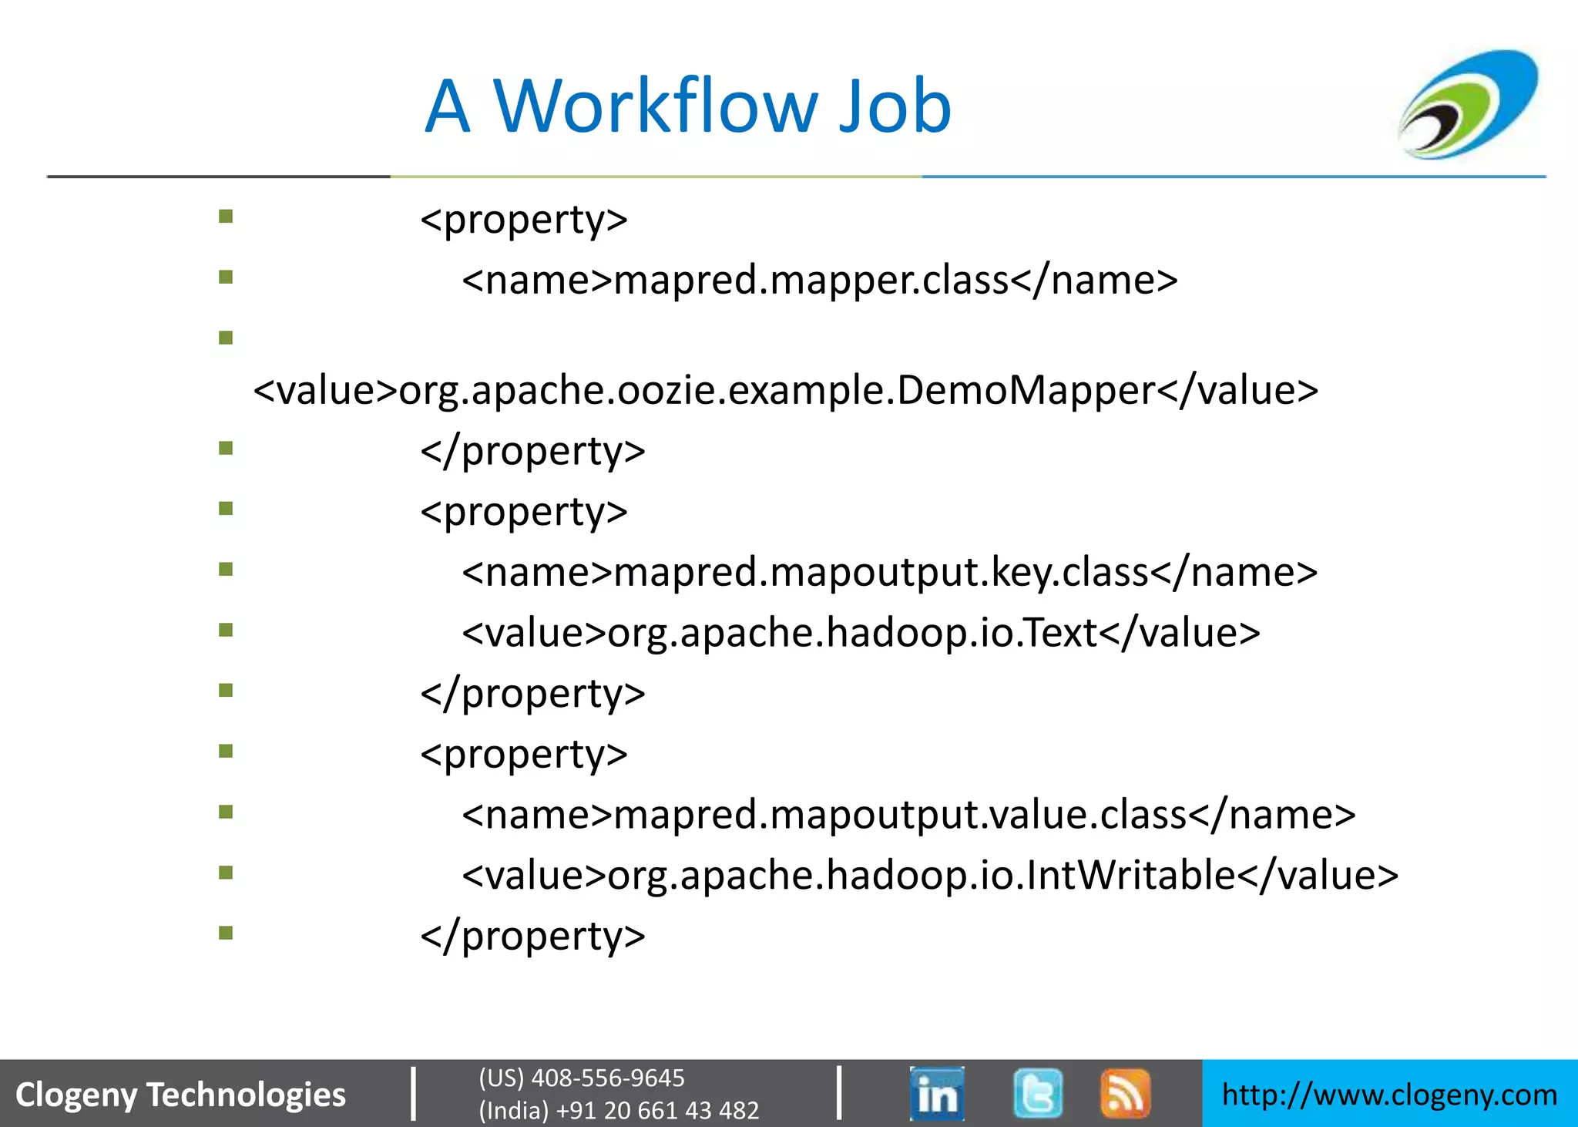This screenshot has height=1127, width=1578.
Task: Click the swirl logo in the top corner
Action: (1469, 104)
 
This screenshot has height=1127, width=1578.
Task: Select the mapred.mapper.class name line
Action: (819, 280)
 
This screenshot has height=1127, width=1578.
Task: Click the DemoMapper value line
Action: (785, 390)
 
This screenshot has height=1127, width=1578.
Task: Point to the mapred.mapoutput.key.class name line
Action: (889, 572)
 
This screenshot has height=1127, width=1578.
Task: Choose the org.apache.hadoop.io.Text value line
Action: (861, 633)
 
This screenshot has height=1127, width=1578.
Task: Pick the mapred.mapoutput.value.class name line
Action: (908, 815)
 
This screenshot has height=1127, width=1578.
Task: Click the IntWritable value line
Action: (930, 876)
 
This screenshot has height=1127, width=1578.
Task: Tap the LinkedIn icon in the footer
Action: (937, 1093)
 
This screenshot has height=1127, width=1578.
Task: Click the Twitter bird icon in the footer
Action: (1038, 1093)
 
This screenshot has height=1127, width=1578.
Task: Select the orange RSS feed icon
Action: (1125, 1093)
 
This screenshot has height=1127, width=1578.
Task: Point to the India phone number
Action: (619, 1110)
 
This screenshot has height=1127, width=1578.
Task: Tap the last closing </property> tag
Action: (532, 936)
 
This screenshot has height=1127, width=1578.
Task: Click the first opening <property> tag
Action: (524, 220)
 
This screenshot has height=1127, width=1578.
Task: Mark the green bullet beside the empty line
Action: (226, 338)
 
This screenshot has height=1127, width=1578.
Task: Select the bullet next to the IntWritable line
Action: (226, 873)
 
